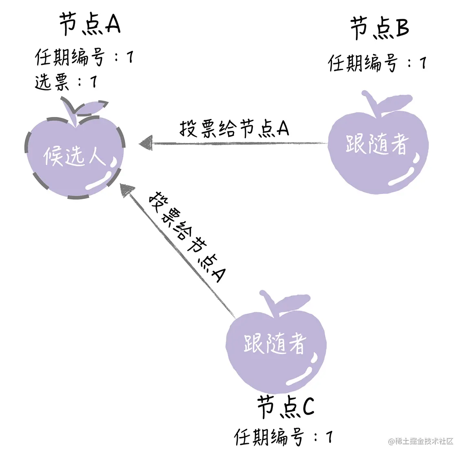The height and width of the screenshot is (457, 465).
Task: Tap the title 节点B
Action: tap(379, 29)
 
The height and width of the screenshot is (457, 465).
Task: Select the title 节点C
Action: tap(285, 406)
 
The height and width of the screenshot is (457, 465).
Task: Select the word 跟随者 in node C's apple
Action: tap(275, 343)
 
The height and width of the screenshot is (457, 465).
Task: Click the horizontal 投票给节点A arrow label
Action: tap(234, 128)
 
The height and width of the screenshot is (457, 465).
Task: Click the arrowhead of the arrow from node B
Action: tap(145, 144)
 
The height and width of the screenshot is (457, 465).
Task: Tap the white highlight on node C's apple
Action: tap(303, 373)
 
